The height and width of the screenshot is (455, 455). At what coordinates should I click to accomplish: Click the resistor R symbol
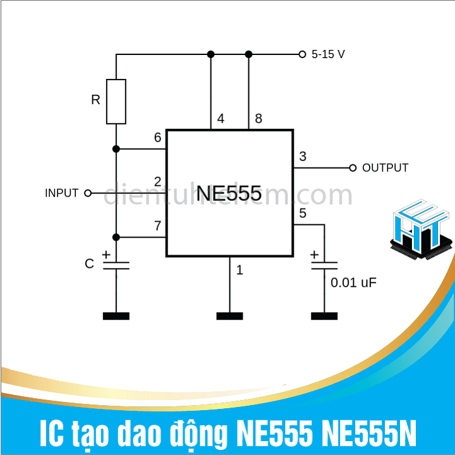[116, 101]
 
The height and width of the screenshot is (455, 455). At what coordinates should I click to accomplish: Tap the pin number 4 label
[221, 119]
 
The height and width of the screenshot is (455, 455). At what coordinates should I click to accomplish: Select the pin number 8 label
[258, 119]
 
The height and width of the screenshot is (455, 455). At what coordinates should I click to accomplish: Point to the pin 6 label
[157, 138]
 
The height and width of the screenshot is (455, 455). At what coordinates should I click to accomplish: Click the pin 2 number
[157, 182]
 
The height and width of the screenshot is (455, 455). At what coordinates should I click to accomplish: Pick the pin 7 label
[157, 226]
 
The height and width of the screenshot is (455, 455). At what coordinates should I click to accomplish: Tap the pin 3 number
[303, 157]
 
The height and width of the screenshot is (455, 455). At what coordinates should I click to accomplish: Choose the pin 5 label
[303, 214]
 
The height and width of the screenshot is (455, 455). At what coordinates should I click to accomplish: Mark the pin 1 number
[240, 270]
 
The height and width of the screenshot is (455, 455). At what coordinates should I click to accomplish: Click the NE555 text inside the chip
[229, 193]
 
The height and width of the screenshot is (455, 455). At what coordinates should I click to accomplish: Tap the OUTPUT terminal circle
[353, 168]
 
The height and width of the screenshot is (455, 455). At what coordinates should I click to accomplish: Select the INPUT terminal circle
[88, 193]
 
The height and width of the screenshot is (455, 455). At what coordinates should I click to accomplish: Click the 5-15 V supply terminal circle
[302, 54]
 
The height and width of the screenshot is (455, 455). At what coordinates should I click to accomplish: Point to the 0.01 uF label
[354, 282]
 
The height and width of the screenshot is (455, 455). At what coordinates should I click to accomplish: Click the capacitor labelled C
[116, 264]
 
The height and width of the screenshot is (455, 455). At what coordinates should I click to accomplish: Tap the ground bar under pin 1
[229, 315]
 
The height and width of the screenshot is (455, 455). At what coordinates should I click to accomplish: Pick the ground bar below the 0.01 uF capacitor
[324, 315]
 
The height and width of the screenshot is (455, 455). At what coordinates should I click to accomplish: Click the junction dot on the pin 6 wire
[116, 149]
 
